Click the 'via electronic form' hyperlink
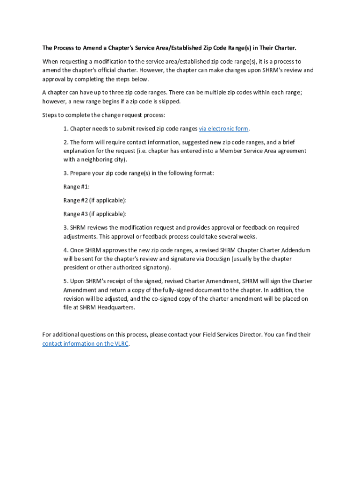click(x=223, y=129)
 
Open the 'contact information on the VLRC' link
click(x=85, y=344)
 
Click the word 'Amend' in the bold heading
click(x=92, y=48)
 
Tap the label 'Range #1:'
click(x=76, y=187)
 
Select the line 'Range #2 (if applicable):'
click(x=95, y=200)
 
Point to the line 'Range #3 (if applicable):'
click(x=95, y=214)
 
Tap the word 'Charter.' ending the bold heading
click(x=284, y=48)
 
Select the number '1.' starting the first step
click(x=66, y=129)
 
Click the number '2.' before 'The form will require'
click(x=66, y=142)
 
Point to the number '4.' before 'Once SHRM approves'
click(x=66, y=250)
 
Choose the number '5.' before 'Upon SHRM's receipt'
click(x=66, y=281)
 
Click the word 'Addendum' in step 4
click(x=295, y=250)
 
